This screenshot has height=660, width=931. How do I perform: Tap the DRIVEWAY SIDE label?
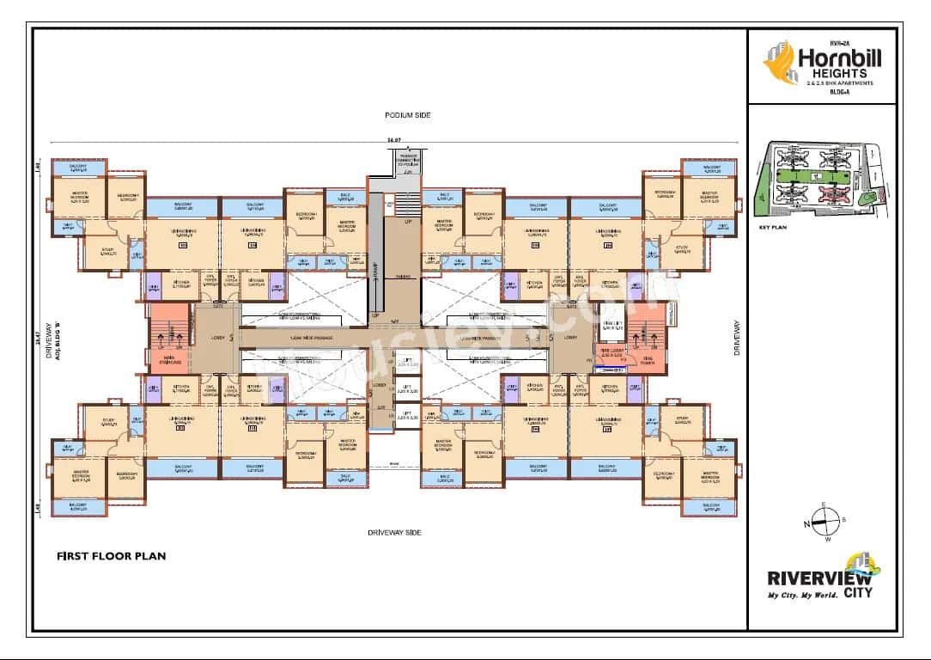tap(396, 533)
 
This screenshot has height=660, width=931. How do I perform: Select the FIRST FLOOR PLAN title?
tap(111, 556)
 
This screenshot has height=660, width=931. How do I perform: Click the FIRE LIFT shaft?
tap(612, 327)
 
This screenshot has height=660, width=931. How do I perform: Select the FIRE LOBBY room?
tap(612, 354)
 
